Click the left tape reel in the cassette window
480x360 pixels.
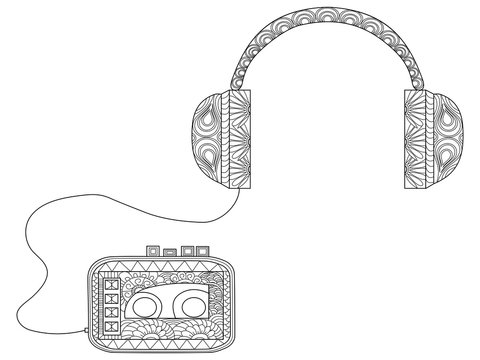tap(143, 305)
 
